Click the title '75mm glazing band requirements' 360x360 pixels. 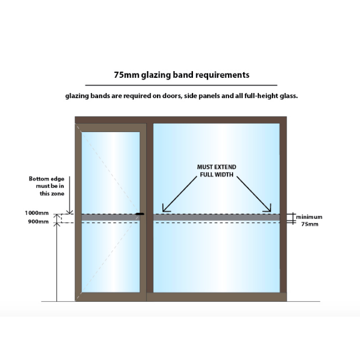(181, 74)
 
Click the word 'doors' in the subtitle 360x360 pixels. (160, 96)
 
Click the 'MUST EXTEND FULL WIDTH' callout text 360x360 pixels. (216, 170)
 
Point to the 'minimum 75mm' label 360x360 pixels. (309, 220)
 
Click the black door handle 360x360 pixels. (140, 214)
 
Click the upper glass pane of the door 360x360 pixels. (111, 169)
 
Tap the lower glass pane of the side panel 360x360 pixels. (217, 257)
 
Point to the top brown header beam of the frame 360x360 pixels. (181, 119)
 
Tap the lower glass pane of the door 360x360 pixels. (111, 257)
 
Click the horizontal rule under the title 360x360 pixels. (181, 85)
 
